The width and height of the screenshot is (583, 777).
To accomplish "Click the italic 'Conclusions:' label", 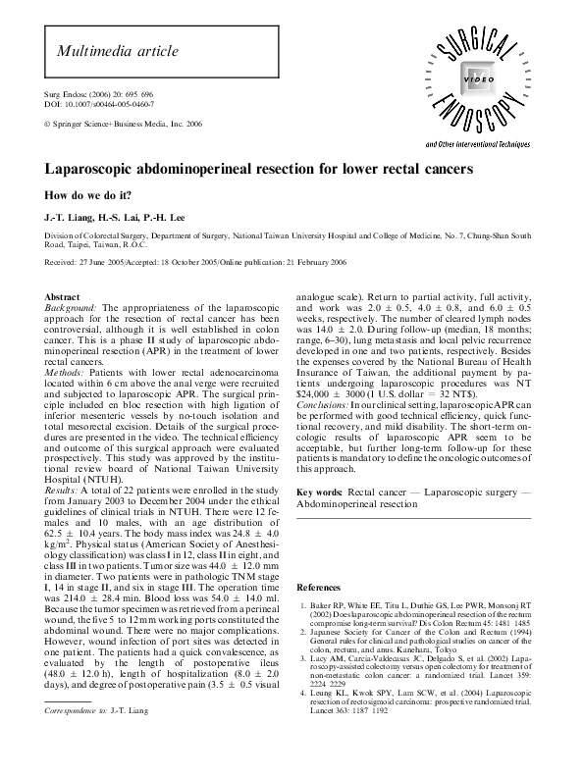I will (327, 404).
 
